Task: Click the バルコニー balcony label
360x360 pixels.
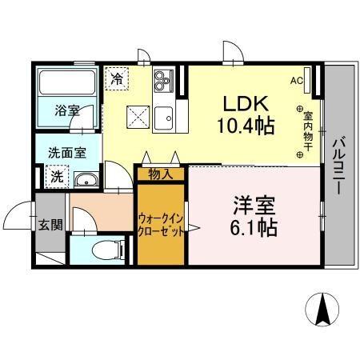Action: tap(337, 170)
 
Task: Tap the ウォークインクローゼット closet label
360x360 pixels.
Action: tap(160, 223)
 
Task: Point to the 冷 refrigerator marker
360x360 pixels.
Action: tap(117, 78)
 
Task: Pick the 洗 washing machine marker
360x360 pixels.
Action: tap(58, 175)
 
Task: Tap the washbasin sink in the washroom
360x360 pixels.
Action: tap(87, 179)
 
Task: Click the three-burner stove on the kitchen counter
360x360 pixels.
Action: tap(163, 78)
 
